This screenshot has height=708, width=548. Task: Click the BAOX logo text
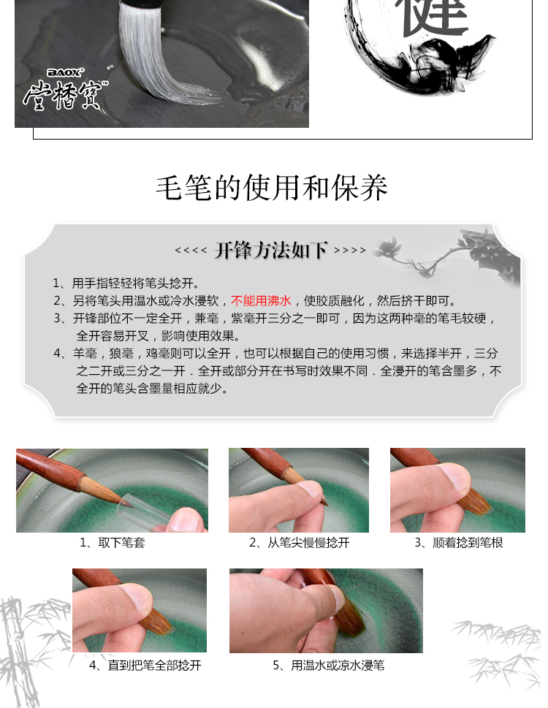(65, 72)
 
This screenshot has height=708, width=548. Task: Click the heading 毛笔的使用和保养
(272, 188)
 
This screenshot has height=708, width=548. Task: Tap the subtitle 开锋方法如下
(271, 250)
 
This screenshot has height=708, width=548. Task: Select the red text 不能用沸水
(261, 301)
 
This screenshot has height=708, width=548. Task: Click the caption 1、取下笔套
(113, 542)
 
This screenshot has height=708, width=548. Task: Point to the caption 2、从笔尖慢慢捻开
(300, 542)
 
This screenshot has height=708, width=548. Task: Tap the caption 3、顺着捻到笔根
(458, 542)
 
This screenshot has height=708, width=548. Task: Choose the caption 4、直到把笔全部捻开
(145, 665)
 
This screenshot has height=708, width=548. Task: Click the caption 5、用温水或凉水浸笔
(329, 665)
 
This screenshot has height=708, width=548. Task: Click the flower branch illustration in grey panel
(447, 253)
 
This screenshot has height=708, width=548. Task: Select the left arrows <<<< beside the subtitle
(191, 251)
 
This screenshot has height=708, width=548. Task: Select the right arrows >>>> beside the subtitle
(350, 251)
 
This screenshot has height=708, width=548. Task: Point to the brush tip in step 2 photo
(323, 500)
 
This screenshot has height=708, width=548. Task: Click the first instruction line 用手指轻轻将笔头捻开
(126, 283)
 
